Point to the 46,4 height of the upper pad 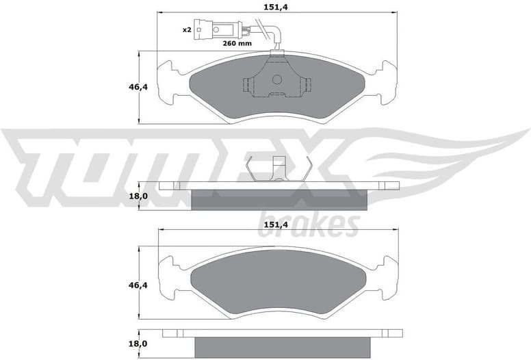click(x=139, y=87)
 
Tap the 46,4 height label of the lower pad click(x=139, y=283)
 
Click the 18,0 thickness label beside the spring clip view click(x=139, y=196)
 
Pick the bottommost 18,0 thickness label click(x=139, y=343)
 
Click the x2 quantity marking click(x=186, y=30)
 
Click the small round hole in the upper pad click(x=276, y=79)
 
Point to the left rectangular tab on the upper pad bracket click(x=247, y=85)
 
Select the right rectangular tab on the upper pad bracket click(x=307, y=85)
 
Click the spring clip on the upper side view click(x=279, y=169)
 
